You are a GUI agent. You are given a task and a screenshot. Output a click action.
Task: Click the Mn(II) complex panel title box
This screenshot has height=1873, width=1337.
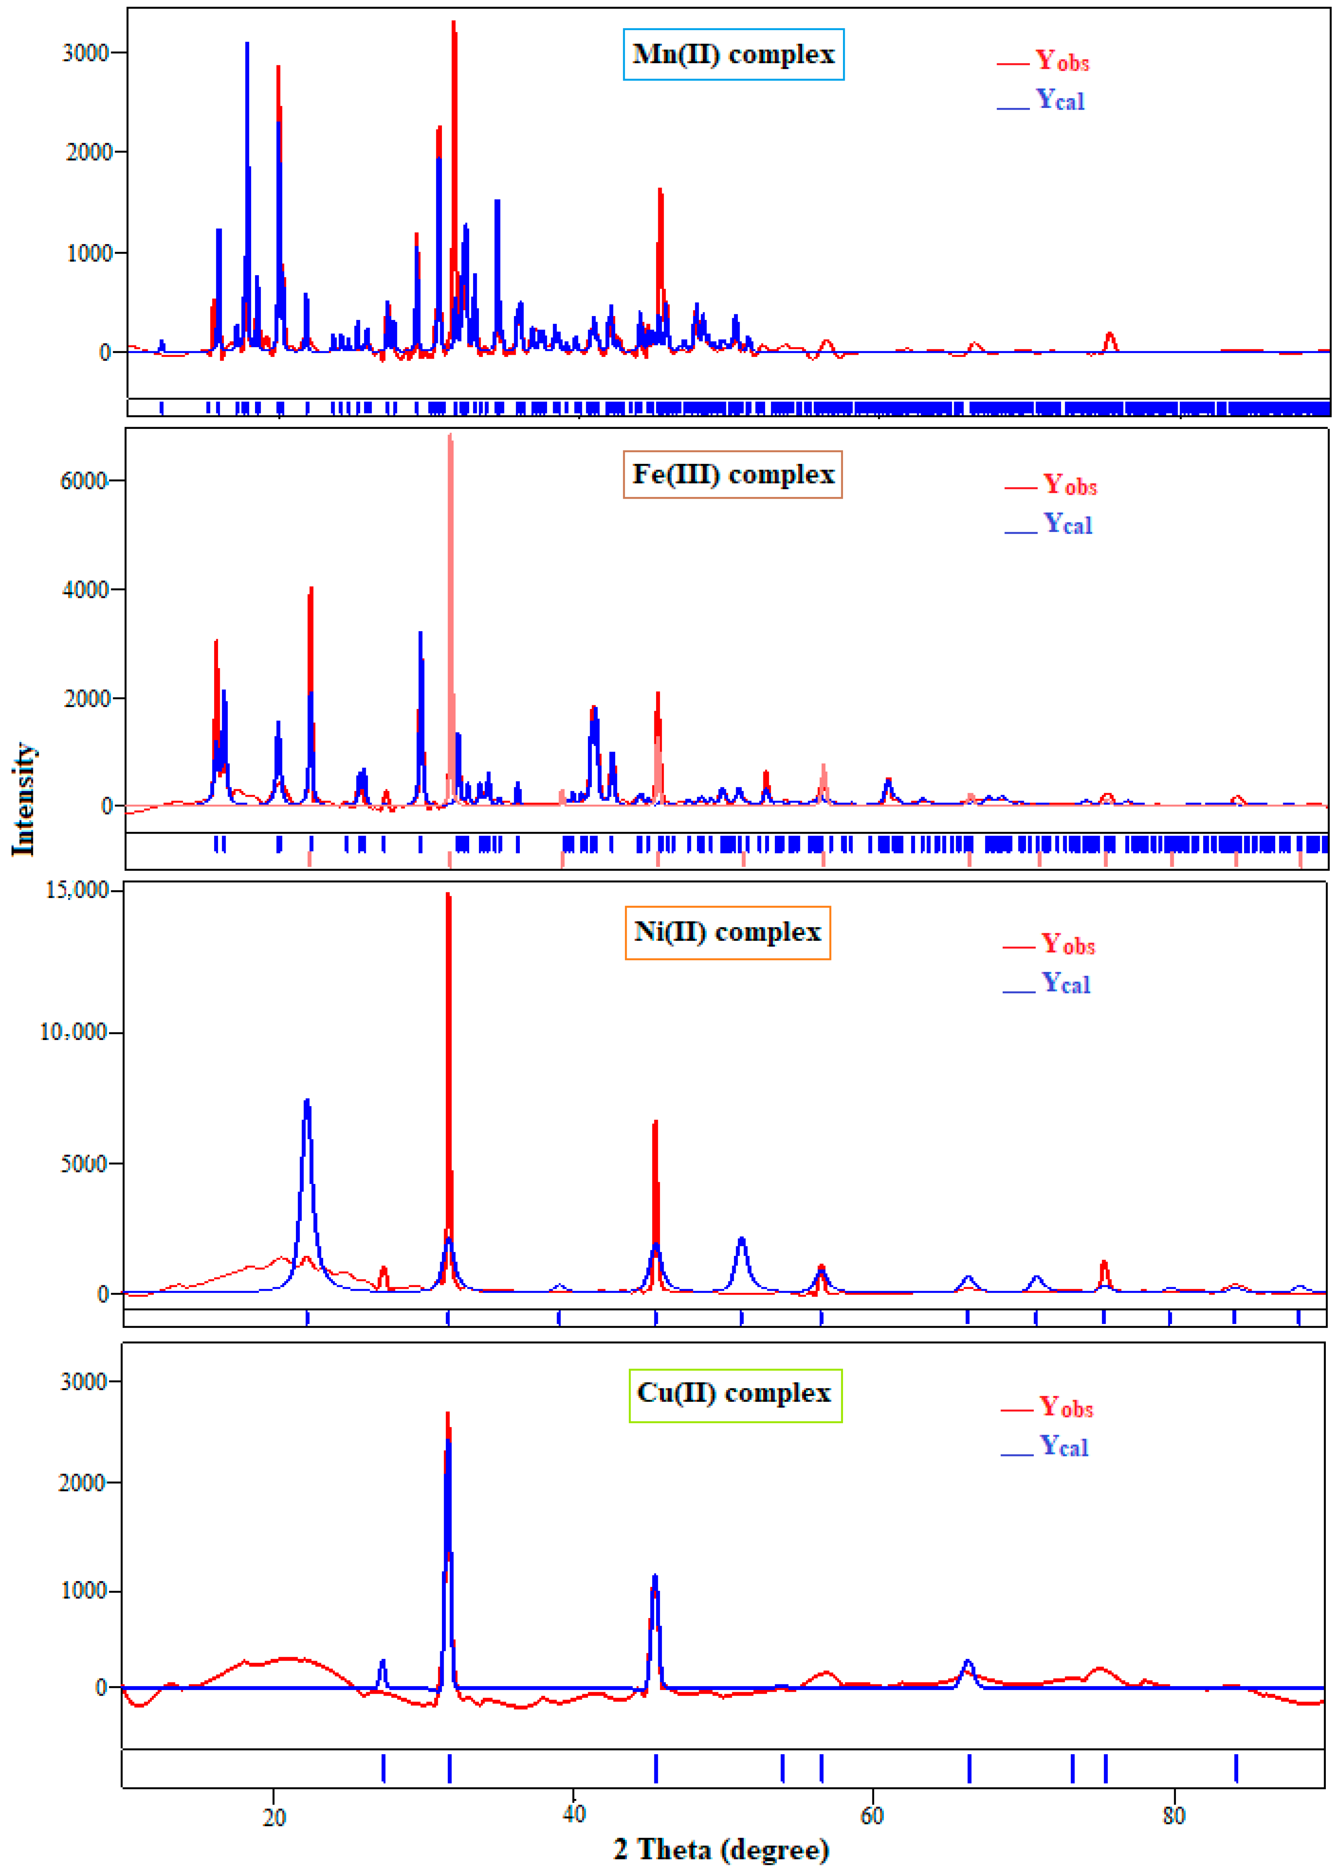point(733,54)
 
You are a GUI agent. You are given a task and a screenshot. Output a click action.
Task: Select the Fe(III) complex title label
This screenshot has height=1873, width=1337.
point(732,475)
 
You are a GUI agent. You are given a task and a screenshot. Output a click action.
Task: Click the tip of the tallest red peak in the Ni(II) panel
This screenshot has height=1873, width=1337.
point(448,894)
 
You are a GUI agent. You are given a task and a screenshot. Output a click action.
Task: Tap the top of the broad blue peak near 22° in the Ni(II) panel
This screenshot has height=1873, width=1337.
point(307,1100)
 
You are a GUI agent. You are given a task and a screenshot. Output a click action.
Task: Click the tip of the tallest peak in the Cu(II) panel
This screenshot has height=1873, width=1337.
point(447,1413)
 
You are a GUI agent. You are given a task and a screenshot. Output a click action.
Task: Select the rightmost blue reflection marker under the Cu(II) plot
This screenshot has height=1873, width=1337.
point(1236,1769)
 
